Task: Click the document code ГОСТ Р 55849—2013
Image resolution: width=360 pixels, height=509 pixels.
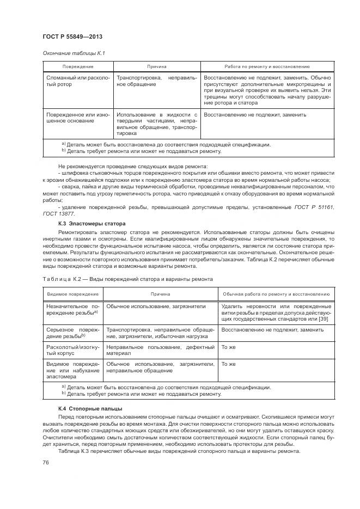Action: click(72, 36)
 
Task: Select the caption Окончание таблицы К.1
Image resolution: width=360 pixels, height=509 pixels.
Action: click(73, 53)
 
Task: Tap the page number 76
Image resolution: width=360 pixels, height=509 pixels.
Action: click(45, 462)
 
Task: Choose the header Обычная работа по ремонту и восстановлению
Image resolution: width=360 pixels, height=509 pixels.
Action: click(276, 294)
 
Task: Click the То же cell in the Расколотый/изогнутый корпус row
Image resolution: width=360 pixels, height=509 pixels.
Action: click(228, 347)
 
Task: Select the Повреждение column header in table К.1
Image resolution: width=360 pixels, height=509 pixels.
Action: click(78, 66)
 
